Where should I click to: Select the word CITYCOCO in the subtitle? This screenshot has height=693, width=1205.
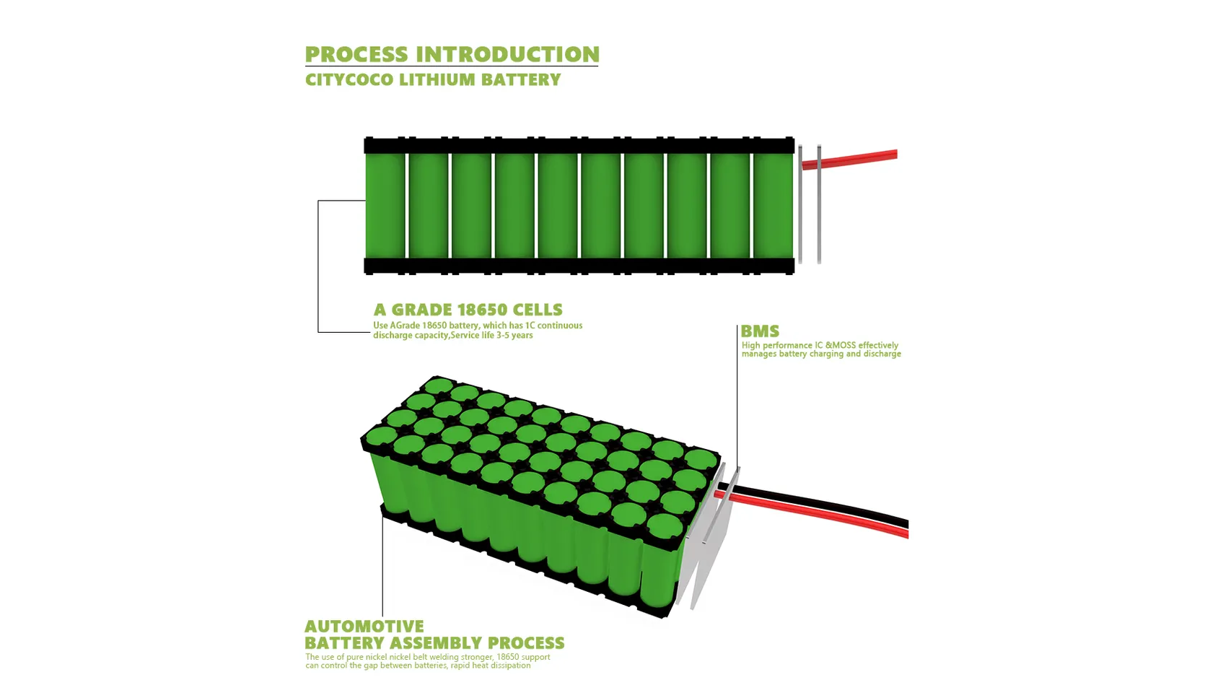tap(349, 79)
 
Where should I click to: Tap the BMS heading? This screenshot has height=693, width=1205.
tap(760, 331)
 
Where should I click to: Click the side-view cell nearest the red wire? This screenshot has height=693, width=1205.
tap(773, 205)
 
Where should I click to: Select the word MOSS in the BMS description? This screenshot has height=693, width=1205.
tap(844, 345)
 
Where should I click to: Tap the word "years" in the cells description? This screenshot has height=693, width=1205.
tap(521, 335)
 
